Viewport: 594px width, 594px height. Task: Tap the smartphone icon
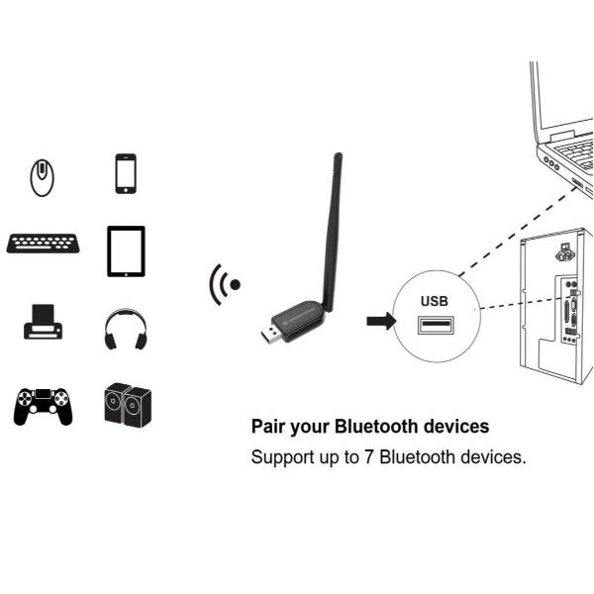coord(125,174)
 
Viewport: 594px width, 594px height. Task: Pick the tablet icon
coord(126,251)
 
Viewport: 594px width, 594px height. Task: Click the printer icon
coord(43,324)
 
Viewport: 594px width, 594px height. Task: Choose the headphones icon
coord(125,329)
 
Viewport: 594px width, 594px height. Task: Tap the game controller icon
coord(43,404)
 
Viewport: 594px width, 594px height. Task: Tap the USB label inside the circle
coord(435,300)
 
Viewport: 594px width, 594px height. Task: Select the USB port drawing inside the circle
coord(436,326)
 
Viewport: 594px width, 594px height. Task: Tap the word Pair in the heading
coord(267,427)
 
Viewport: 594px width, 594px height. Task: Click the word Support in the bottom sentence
coord(282,458)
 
